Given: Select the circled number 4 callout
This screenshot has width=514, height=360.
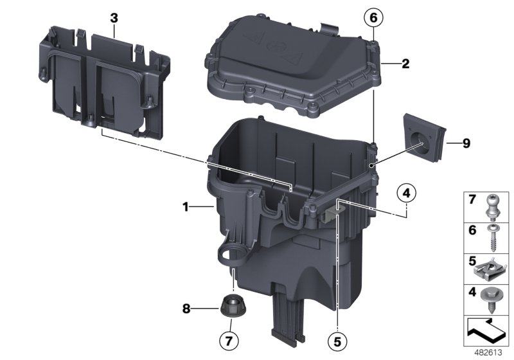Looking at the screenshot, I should tap(406, 191).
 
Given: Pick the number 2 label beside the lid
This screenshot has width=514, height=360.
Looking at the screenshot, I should tap(405, 64).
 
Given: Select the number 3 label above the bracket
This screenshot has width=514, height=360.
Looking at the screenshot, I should tap(114, 17).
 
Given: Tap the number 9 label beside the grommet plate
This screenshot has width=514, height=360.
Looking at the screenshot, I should tap(466, 143).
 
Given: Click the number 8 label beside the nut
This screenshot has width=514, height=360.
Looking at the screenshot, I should tap(186, 308).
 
